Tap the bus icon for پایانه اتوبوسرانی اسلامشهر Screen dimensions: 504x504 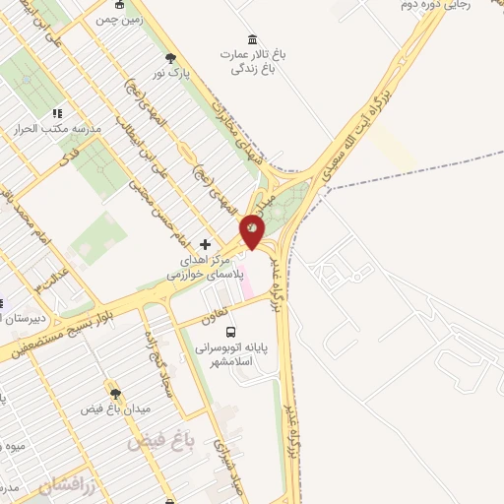click(231, 332)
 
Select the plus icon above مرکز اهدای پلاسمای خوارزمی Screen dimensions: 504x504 click(206, 243)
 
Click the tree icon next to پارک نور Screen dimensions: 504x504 click(172, 58)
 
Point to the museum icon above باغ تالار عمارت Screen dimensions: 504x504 click(254, 39)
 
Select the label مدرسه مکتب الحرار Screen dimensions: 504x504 click(46, 128)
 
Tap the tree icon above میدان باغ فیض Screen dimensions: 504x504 click(114, 392)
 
